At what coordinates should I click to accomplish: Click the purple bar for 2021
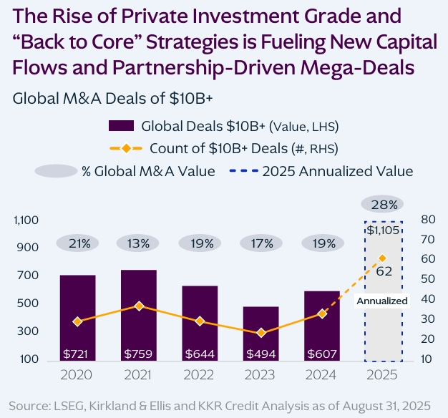point(138,315)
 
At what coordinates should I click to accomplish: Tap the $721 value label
point(77,354)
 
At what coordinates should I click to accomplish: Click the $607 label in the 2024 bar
point(322,354)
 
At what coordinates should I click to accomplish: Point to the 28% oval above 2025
point(383,205)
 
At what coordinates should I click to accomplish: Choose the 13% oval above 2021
point(138,243)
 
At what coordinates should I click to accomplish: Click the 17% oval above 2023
point(261,243)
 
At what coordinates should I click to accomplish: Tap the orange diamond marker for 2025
point(383,258)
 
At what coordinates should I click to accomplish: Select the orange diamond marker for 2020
point(77,321)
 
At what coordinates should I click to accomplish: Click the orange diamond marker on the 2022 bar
point(200,321)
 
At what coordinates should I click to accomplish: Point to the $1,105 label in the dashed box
point(383,230)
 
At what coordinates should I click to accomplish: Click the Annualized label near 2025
point(382,301)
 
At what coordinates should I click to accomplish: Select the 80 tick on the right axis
point(427,220)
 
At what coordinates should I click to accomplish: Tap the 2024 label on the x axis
point(322,374)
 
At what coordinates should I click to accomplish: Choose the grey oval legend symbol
point(56,171)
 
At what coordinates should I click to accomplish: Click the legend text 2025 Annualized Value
point(337,171)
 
